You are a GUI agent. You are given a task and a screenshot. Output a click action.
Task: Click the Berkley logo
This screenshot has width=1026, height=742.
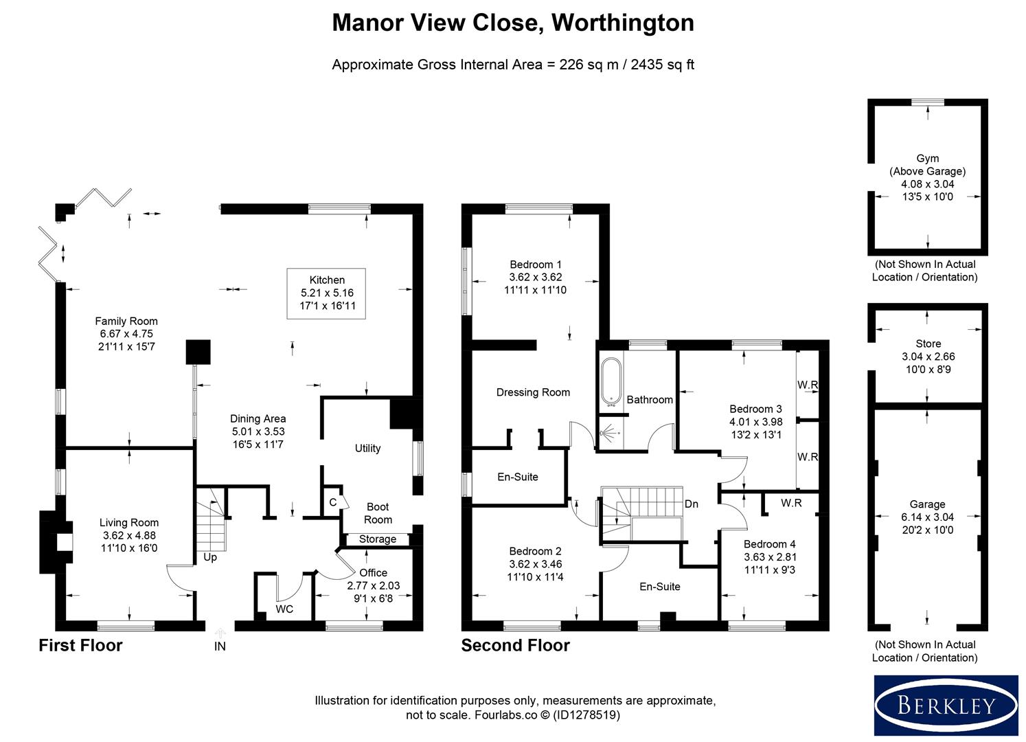pyautogui.click(x=946, y=706)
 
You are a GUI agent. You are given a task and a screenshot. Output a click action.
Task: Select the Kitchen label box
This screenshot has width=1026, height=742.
pyautogui.click(x=327, y=293)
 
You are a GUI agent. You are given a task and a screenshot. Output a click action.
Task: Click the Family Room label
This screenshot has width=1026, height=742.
pyautogui.click(x=126, y=321)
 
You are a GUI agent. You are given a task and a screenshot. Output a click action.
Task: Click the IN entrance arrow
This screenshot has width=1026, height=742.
pyautogui.click(x=220, y=633)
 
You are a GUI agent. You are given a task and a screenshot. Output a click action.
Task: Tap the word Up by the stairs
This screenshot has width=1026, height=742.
pyautogui.click(x=210, y=557)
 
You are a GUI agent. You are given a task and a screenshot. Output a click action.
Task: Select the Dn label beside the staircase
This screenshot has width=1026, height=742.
pyautogui.click(x=691, y=504)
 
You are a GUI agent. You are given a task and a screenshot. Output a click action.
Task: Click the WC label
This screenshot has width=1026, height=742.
pyautogui.click(x=284, y=609)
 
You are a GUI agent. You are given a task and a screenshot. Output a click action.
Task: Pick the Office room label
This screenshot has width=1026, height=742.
pyautogui.click(x=373, y=572)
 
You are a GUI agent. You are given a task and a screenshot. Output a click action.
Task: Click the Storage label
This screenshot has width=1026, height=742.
pyautogui.click(x=378, y=539)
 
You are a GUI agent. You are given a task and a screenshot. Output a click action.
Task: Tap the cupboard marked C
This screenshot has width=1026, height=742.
pyautogui.click(x=333, y=502)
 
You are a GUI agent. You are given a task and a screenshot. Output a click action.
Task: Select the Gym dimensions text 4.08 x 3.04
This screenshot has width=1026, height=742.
pyautogui.click(x=928, y=184)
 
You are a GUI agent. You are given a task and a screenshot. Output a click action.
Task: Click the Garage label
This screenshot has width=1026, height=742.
pyautogui.click(x=927, y=504)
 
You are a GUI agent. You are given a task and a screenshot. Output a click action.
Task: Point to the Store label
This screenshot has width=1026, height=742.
pyautogui.click(x=928, y=344)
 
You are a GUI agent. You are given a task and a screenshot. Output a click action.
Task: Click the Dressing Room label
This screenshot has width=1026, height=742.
pyautogui.click(x=533, y=392)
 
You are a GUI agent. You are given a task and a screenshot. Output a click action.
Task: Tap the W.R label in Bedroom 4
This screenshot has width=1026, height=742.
pyautogui.click(x=791, y=503)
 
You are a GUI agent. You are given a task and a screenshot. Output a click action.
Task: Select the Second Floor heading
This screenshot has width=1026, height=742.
pyautogui.click(x=515, y=645)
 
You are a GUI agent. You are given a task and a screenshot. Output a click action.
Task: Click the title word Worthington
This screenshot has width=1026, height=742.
pyautogui.click(x=623, y=23)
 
